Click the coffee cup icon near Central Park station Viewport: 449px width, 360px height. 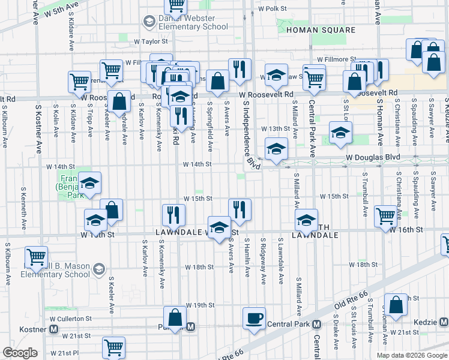click(x=254, y=317)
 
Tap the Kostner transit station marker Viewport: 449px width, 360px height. click(x=54, y=329)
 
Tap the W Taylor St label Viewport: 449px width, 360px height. click(x=151, y=42)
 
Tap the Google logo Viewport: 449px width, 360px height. click(x=20, y=353)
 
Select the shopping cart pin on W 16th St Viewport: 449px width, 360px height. click(x=385, y=216)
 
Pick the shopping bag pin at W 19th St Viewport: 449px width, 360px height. click(x=175, y=318)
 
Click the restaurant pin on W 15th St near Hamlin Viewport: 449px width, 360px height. click(x=239, y=209)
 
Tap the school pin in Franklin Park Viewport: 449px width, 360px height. click(x=89, y=183)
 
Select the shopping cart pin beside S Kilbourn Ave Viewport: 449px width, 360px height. click(x=37, y=257)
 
